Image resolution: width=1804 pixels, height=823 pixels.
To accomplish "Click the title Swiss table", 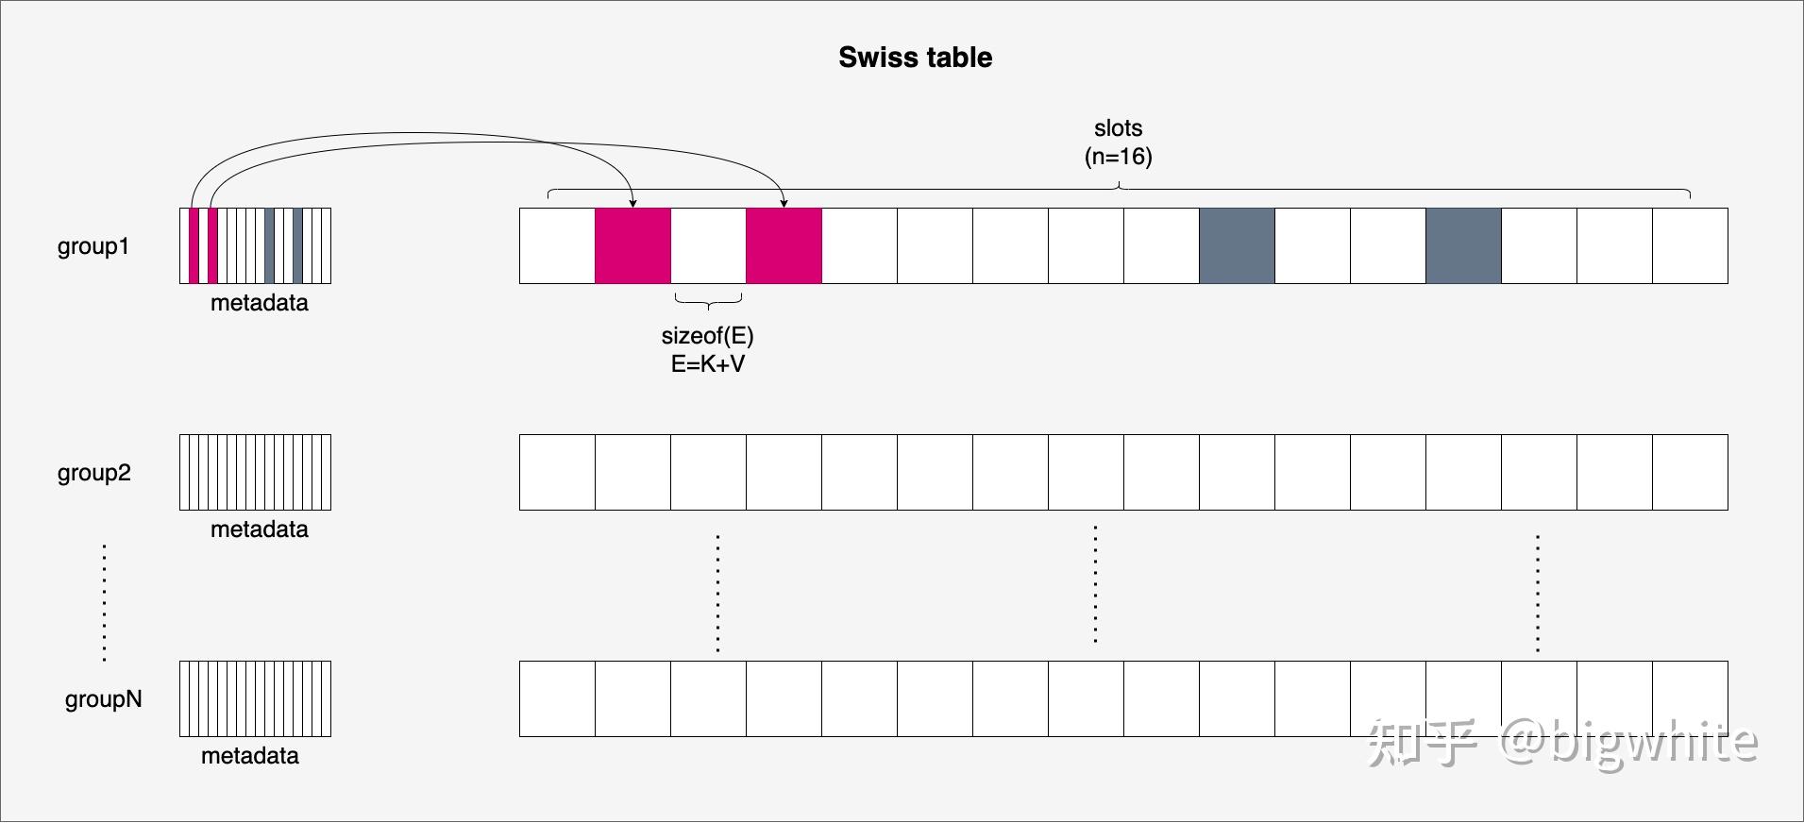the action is coord(915,58).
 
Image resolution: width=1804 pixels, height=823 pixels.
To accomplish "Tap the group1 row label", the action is coord(93,246).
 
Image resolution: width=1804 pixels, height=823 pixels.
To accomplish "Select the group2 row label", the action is coord(94,473).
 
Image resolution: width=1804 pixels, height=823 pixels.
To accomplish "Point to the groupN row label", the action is coord(103,699).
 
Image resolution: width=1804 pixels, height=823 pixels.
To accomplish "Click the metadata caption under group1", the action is coord(260,303).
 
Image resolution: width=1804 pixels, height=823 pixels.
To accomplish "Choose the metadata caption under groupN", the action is coord(250,756).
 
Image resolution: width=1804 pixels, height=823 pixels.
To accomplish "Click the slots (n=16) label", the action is coord(1119,143).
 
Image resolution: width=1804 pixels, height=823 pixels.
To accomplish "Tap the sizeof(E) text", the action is coord(708,336).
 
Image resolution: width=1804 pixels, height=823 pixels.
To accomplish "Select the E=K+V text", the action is coord(708,364).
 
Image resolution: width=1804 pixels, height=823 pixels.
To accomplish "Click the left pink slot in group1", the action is coord(632,245).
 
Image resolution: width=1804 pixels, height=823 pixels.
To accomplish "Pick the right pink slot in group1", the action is coord(784,245).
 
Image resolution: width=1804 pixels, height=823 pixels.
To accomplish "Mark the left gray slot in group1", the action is coord(1237,245).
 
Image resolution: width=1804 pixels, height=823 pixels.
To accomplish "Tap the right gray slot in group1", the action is coord(1463,245).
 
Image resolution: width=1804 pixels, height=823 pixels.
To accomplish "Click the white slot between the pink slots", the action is coord(708,245).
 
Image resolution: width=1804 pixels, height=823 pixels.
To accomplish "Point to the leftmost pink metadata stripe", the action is coord(194,245).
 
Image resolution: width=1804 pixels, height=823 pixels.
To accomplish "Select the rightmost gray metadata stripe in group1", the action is coord(297,245).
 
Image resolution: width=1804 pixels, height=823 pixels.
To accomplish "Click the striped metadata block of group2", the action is coord(255,472).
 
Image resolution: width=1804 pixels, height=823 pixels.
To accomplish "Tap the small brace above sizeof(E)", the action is coord(708,301).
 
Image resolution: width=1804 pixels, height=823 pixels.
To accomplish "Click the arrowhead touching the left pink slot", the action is coord(632,203).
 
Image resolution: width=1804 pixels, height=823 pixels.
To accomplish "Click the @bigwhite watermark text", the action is coord(1629,742).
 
